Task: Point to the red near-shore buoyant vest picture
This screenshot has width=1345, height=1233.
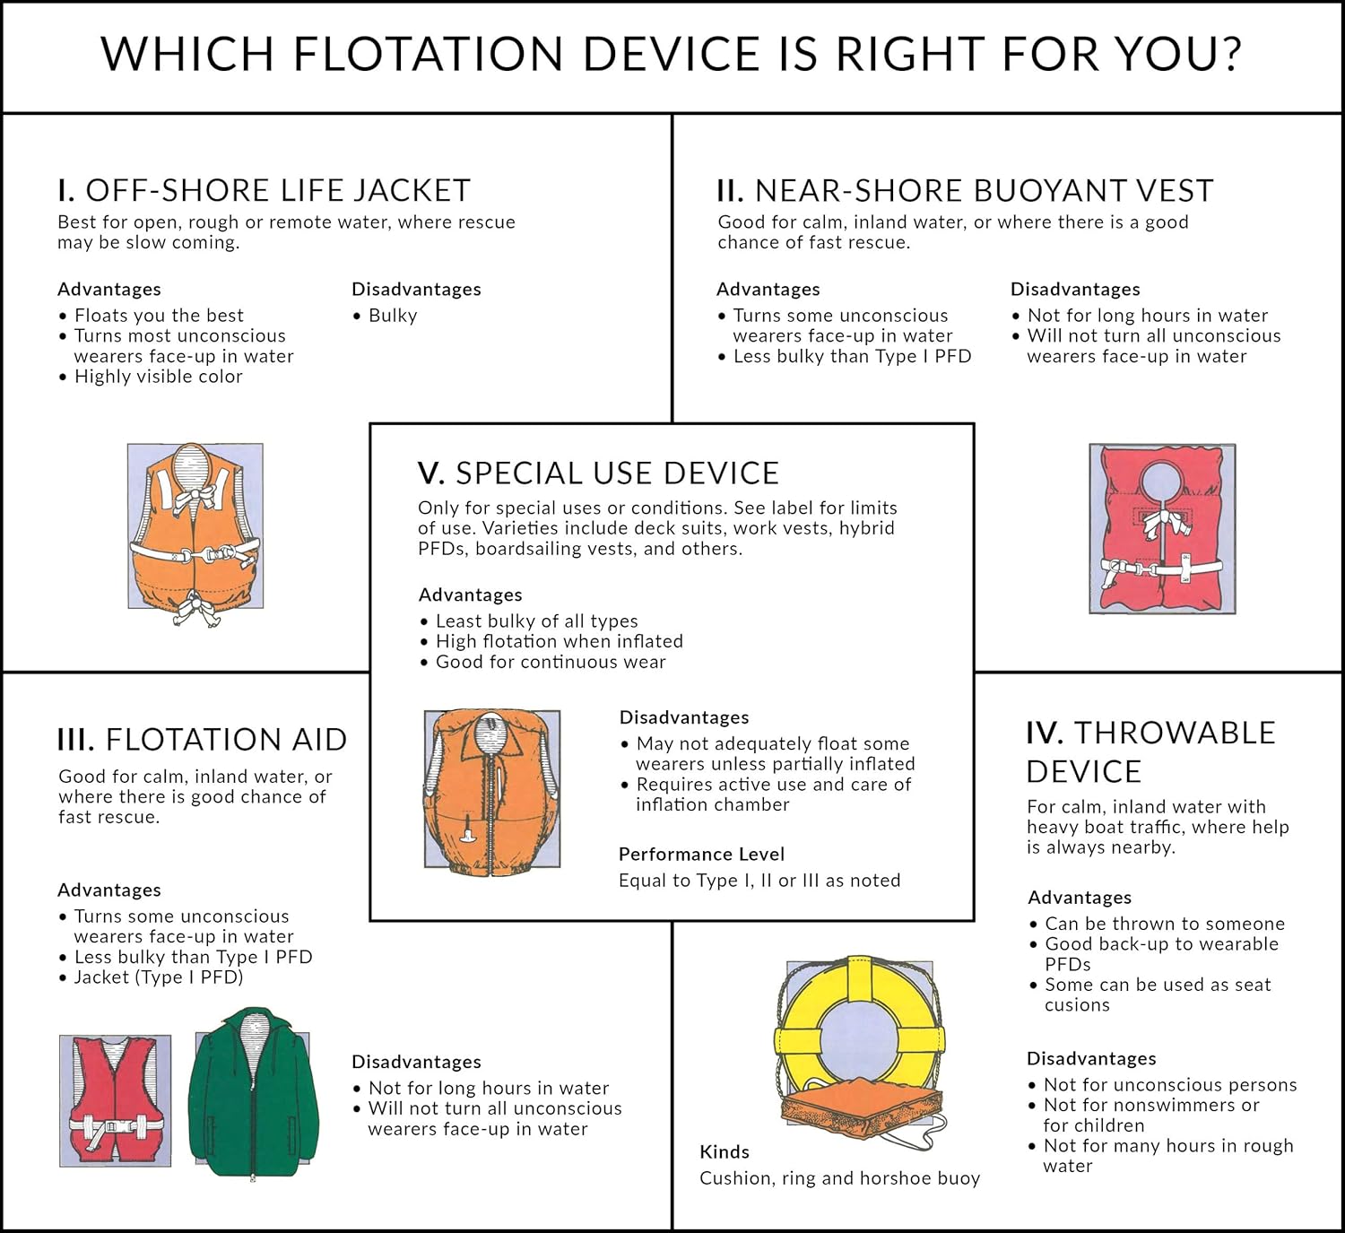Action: [x=1162, y=529]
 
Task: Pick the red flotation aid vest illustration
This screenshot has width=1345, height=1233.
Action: [x=115, y=1100]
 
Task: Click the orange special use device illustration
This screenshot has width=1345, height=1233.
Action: [x=491, y=789]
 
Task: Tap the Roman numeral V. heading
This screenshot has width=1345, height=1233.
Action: [x=430, y=473]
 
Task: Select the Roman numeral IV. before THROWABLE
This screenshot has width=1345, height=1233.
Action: [x=1045, y=733]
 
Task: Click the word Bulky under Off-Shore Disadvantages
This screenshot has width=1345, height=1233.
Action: [x=393, y=316]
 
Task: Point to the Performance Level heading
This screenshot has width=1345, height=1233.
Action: [x=701, y=855]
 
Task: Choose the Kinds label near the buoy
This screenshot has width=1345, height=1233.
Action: [x=725, y=1152]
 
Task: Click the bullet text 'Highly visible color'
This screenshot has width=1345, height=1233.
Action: [x=158, y=377]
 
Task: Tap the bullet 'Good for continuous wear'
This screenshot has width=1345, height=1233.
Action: [x=551, y=663]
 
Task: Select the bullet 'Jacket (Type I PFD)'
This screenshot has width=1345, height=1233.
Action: [x=159, y=977]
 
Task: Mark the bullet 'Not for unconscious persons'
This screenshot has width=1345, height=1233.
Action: [x=1170, y=1085]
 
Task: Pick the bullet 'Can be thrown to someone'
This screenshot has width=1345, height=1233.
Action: [x=1165, y=924]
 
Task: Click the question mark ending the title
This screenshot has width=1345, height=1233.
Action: [x=1228, y=54]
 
